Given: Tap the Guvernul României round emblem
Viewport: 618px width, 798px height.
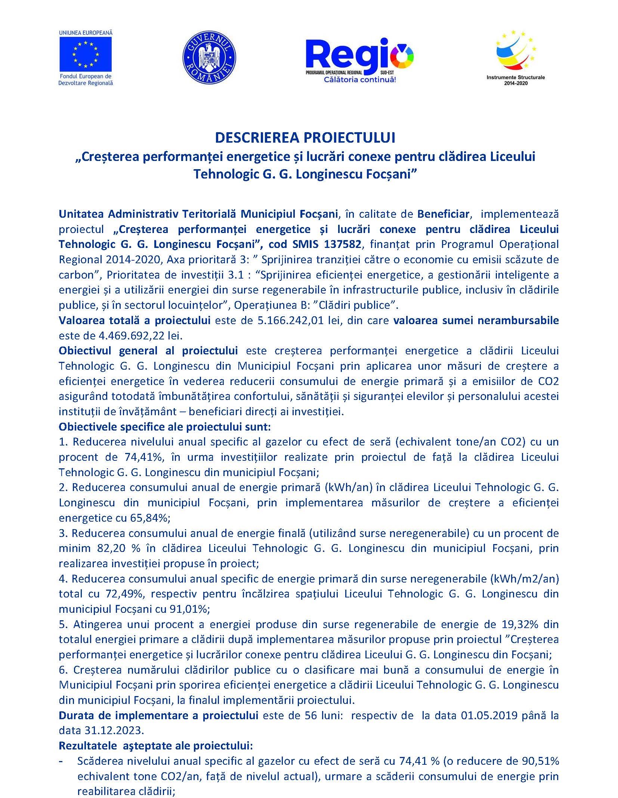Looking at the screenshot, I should point(209,57).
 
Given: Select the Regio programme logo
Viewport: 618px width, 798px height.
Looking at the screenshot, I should point(359,56).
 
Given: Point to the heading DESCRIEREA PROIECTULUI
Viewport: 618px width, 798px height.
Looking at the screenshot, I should point(305,138).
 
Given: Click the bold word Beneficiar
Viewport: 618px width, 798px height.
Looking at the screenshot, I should point(443,214).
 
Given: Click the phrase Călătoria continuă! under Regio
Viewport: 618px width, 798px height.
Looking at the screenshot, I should point(359,80).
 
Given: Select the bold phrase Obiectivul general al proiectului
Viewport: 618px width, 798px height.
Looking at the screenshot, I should point(148,351).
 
